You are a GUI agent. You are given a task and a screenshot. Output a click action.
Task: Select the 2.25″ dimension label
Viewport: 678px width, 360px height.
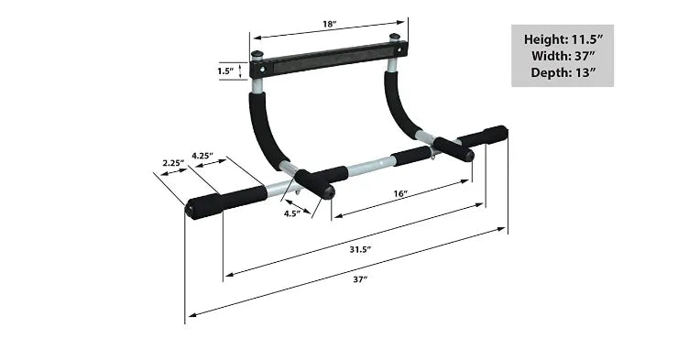(x=173, y=163)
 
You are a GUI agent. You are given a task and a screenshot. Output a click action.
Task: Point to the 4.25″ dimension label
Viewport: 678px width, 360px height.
(x=202, y=156)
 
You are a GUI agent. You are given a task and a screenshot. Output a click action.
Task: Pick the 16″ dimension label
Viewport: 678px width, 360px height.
(x=399, y=194)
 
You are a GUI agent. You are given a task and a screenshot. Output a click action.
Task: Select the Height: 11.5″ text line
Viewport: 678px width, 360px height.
(x=563, y=39)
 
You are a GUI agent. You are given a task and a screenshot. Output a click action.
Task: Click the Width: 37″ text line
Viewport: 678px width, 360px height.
(x=563, y=55)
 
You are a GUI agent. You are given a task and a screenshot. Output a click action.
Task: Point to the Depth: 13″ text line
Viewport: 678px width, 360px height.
(x=563, y=71)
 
